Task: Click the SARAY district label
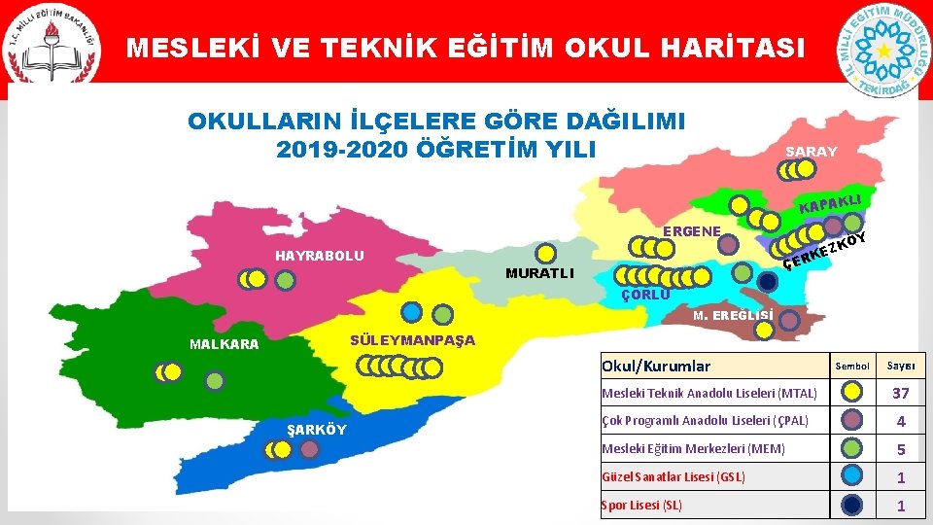click(x=811, y=152)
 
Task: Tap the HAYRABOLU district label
click(x=320, y=256)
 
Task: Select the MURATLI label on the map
click(x=539, y=273)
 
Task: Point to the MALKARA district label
click(x=225, y=344)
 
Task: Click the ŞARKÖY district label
click(x=316, y=430)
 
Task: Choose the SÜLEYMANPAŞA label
click(x=412, y=339)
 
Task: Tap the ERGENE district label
click(x=691, y=231)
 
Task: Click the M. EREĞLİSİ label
click(x=734, y=315)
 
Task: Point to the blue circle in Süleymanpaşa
click(x=412, y=312)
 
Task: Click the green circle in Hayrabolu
click(x=285, y=279)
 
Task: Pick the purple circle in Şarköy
click(x=310, y=450)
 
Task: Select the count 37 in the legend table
click(x=900, y=393)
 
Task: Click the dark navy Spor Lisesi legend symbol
click(x=851, y=505)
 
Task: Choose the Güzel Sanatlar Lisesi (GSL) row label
click(x=674, y=477)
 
